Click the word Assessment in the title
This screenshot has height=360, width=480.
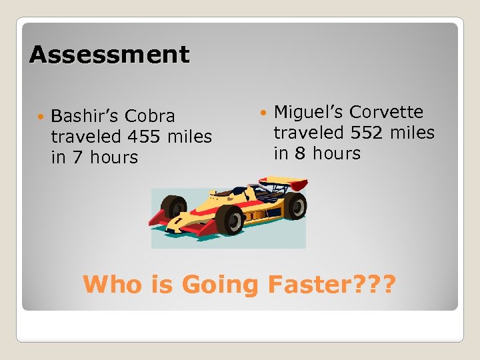coord(109,55)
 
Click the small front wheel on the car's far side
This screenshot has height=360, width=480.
coord(175,207)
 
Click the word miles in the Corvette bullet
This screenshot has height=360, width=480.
coord(411,133)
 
